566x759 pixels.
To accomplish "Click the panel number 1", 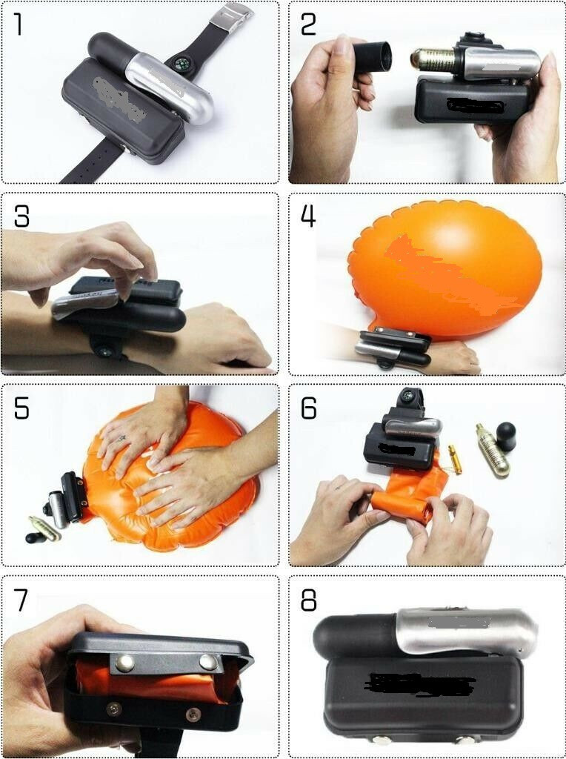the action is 19,24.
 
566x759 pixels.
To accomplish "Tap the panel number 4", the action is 308,216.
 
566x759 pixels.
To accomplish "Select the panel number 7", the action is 21,600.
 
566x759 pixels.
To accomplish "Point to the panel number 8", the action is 309,600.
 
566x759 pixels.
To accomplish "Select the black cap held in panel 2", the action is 371,56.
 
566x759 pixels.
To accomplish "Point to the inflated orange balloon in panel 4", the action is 445,268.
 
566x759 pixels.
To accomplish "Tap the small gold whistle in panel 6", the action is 455,459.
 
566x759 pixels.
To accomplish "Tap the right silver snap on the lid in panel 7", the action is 208,662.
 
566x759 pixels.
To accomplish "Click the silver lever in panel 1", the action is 170,87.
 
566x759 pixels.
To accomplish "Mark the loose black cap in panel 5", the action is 36,537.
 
